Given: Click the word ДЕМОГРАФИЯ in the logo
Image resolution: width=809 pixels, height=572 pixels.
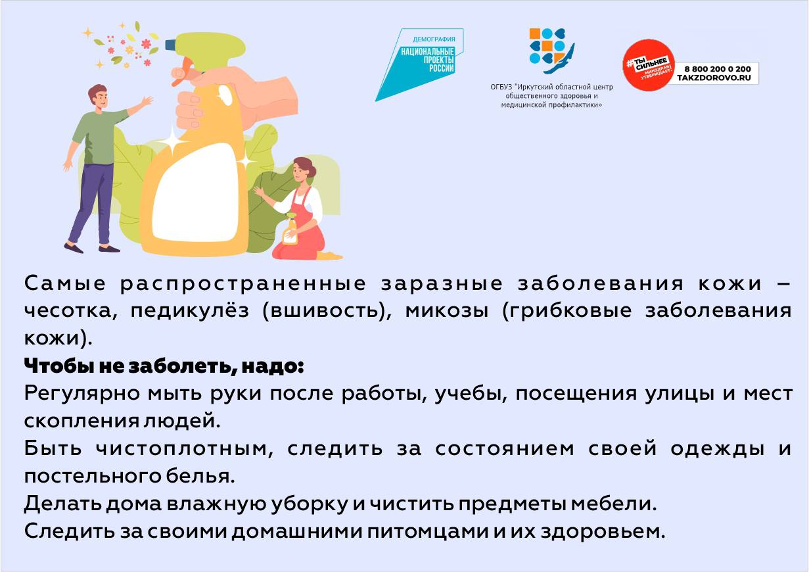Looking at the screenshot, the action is pyautogui.click(x=434, y=39).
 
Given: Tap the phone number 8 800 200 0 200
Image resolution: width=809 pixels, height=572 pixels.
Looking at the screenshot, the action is pyautogui.click(x=717, y=68).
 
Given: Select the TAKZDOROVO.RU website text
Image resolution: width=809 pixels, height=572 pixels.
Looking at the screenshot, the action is pyautogui.click(x=714, y=78).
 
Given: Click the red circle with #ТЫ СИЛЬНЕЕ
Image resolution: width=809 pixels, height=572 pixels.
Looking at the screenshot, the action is pyautogui.click(x=649, y=65).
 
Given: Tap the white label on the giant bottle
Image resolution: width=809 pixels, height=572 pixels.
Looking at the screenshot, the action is pyautogui.click(x=195, y=193).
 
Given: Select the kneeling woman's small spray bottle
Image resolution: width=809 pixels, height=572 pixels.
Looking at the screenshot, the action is pyautogui.click(x=290, y=229).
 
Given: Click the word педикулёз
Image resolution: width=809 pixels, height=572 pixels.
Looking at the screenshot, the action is pyautogui.click(x=190, y=311).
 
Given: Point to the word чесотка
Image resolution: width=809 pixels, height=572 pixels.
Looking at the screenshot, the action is pyautogui.click(x=71, y=312).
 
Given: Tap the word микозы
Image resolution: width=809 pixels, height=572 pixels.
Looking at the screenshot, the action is pyautogui.click(x=447, y=311).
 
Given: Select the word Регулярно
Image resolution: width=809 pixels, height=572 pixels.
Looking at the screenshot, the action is pyautogui.click(x=81, y=394).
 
